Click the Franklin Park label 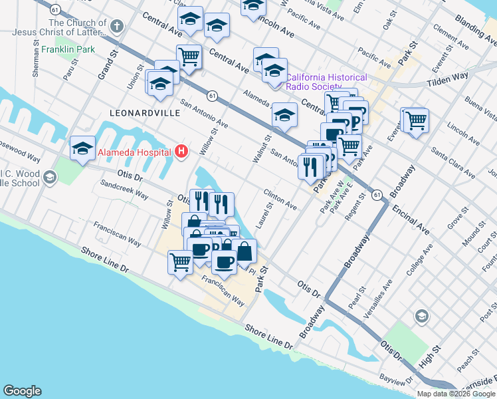point(68,49)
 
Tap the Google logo point(22,391)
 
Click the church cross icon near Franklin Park point(117,27)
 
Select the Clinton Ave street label point(280,198)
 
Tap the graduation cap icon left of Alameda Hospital point(82,148)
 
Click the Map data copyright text point(456,394)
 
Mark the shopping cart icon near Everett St point(416,120)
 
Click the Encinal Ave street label point(411,220)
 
